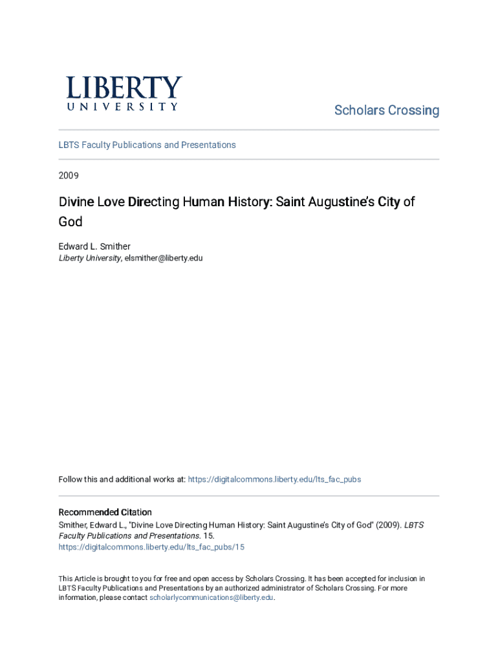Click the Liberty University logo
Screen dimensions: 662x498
[123, 93]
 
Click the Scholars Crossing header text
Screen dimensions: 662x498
[386, 111]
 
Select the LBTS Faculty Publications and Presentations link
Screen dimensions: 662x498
[147, 145]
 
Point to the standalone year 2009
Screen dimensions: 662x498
[69, 175]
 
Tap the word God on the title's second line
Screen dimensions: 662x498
[70, 222]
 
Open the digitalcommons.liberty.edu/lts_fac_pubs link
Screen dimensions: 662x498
[274, 479]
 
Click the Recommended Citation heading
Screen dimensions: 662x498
[105, 512]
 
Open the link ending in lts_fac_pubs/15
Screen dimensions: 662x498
[151, 547]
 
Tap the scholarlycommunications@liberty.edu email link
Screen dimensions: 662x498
[211, 597]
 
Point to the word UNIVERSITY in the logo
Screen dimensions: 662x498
[123, 107]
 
